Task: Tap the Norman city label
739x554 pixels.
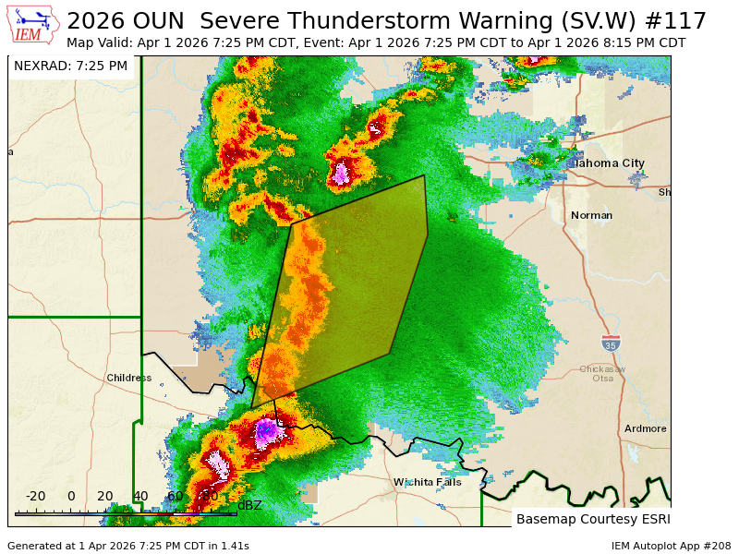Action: (x=591, y=215)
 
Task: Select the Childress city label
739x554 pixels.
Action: (x=128, y=378)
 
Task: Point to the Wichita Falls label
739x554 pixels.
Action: (x=427, y=482)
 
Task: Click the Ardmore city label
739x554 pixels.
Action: (x=645, y=428)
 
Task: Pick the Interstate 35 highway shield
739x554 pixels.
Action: (x=611, y=343)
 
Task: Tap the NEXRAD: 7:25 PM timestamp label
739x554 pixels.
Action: (x=71, y=66)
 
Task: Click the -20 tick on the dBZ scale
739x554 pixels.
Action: (x=35, y=497)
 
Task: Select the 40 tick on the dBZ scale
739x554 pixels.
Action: (x=140, y=497)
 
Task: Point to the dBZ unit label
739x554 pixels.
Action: (x=249, y=505)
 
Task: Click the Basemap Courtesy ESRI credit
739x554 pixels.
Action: (x=591, y=519)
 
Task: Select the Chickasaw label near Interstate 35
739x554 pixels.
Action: (x=602, y=368)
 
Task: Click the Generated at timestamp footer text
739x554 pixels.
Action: (x=127, y=546)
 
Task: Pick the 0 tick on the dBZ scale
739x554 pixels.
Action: (x=71, y=497)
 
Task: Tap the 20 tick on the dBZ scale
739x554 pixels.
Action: (x=105, y=497)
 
